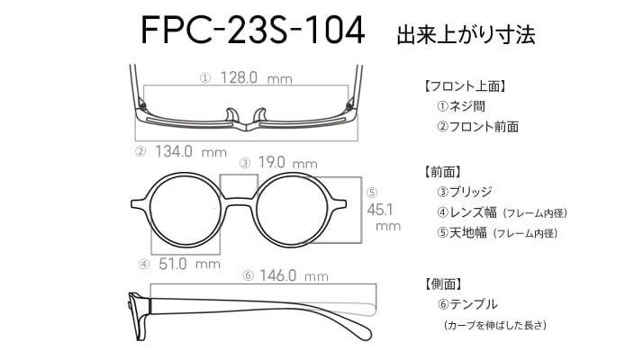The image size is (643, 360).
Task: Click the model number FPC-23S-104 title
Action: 252,30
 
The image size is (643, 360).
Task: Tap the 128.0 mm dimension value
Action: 257,77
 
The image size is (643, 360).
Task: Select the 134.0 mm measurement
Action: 191,152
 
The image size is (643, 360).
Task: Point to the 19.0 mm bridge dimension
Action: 288,163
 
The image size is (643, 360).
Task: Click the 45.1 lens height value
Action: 380,210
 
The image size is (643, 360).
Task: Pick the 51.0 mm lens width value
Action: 189,264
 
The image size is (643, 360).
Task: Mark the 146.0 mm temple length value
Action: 294,275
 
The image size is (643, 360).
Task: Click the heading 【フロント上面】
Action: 465,86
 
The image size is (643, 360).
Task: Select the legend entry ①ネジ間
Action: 461,106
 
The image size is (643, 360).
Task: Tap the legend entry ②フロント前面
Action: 477,127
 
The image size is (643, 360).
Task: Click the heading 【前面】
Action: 442,171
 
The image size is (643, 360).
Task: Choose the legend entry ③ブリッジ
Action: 464,192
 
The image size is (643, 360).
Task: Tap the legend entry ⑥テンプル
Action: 467,304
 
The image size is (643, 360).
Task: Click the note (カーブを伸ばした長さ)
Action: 495,325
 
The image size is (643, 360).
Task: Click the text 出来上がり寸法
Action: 466,34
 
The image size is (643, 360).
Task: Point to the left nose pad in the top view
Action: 232,115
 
